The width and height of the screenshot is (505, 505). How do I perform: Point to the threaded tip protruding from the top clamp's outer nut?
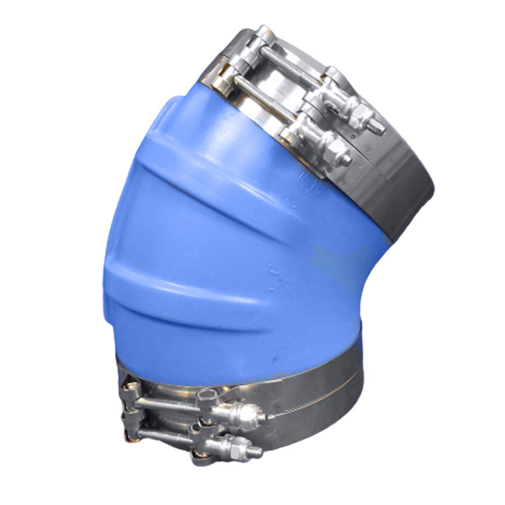click(x=378, y=128)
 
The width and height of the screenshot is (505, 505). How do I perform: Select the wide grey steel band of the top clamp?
click(x=404, y=192)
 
